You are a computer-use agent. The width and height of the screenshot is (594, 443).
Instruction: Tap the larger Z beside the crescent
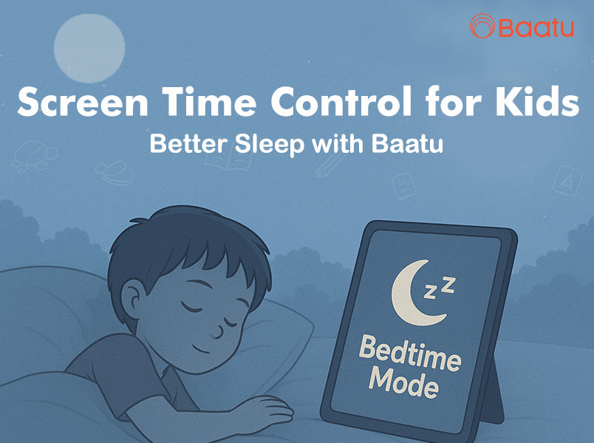point(449,282)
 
